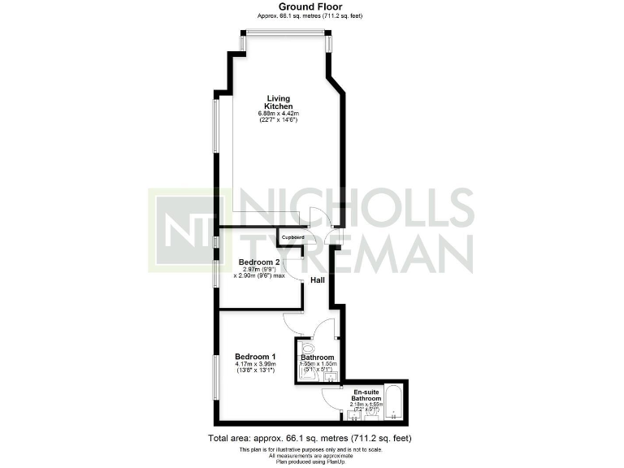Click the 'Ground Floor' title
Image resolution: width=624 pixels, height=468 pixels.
[311, 6]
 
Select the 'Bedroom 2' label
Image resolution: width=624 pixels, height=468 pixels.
[259, 262]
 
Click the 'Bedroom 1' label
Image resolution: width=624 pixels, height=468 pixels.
[256, 357]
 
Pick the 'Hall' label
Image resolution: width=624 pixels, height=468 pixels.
[317, 279]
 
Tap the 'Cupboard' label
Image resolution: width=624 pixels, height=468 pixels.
[292, 237]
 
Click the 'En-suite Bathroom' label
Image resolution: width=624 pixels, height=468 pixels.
[365, 395]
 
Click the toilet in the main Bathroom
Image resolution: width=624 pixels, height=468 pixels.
[305, 347]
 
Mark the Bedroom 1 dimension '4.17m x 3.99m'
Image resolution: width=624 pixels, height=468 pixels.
[256, 365]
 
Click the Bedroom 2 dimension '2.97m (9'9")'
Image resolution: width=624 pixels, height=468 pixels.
[259, 270]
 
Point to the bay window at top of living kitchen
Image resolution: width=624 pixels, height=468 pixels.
[285, 33]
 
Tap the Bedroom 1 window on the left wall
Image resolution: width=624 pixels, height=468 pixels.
[215, 377]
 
